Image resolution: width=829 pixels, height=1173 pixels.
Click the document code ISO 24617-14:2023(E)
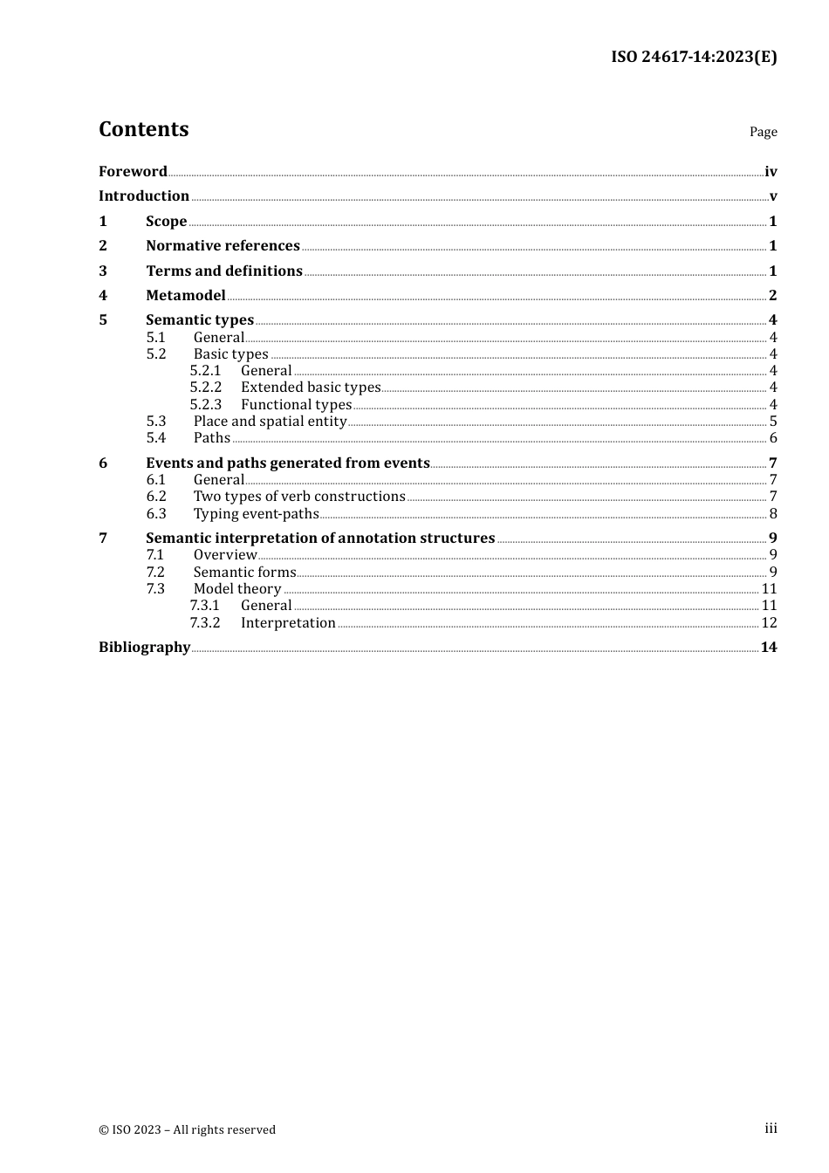pyautogui.click(x=693, y=57)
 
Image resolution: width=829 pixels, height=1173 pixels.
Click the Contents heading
pyautogui.click(x=143, y=129)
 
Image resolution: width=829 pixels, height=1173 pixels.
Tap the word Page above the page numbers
pyautogui.click(x=763, y=132)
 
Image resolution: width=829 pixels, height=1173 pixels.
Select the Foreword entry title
pyautogui.click(x=133, y=171)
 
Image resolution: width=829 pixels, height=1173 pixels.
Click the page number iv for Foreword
pyautogui.click(x=771, y=172)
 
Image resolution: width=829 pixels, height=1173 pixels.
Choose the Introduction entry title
pyautogui.click(x=144, y=195)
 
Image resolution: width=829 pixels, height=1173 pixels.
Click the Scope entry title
pyautogui.click(x=166, y=221)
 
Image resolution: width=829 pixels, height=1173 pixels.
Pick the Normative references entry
pyautogui.click(x=223, y=245)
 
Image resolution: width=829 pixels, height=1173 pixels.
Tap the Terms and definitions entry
pyautogui.click(x=223, y=271)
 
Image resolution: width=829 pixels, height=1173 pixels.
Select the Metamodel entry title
pyautogui.click(x=185, y=295)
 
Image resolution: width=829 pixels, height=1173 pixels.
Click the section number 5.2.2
pyautogui.click(x=206, y=387)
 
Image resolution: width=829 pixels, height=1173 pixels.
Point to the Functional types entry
pyautogui.click(x=296, y=404)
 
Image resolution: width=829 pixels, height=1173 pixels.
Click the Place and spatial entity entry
pyautogui.click(x=270, y=421)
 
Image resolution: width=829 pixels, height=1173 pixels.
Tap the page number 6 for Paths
pyautogui.click(x=772, y=438)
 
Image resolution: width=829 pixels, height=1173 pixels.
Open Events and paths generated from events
pyautogui.click(x=287, y=463)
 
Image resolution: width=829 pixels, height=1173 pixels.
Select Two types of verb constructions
pyautogui.click(x=299, y=496)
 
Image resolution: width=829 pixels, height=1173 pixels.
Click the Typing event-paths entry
pyautogui.click(x=256, y=513)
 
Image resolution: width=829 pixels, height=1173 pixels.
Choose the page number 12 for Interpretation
pyautogui.click(x=769, y=622)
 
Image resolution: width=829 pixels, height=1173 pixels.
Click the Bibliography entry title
pyautogui.click(x=144, y=647)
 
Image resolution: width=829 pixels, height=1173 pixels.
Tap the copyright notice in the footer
pyautogui.click(x=187, y=1129)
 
